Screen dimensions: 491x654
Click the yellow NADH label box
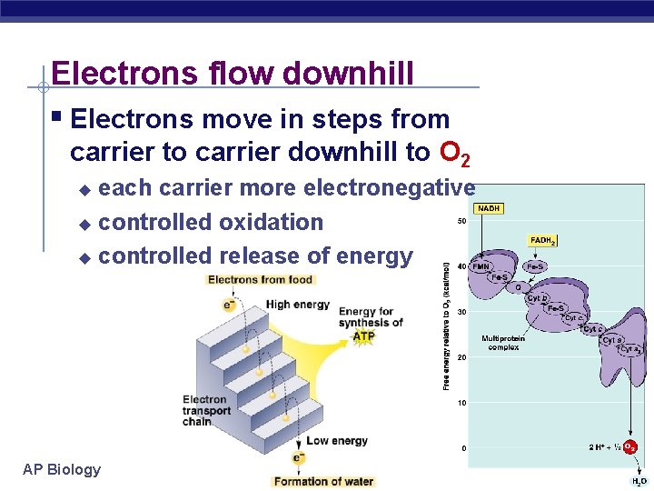coord(488,208)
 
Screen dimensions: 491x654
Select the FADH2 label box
coord(542,241)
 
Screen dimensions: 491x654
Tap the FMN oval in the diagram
coord(481,266)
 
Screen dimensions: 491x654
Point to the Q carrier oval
coord(519,287)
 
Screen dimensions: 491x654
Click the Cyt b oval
coord(537,298)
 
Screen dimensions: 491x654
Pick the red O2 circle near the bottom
coord(630,447)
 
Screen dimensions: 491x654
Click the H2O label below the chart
coord(639,481)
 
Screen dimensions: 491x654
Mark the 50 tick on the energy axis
coord(461,221)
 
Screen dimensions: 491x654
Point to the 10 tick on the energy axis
coord(461,403)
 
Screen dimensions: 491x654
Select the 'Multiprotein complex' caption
coord(502,343)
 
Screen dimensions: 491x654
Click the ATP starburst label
coord(363,336)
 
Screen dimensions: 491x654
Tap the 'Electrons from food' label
coord(260,280)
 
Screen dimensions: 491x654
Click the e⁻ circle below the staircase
coord(297,458)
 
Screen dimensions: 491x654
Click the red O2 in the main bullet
coord(454,153)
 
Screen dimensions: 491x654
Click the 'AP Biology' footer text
coord(62,469)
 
